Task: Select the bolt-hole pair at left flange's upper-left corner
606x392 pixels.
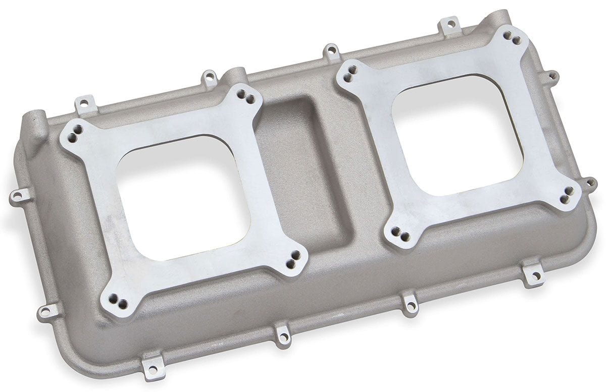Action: tap(74, 136)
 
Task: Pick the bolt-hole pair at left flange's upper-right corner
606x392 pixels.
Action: tap(246, 97)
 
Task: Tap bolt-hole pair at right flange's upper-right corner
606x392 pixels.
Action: tap(515, 38)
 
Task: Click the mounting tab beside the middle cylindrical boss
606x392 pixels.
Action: tap(210, 78)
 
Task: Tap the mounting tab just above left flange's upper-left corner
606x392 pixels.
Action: tap(85, 103)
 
